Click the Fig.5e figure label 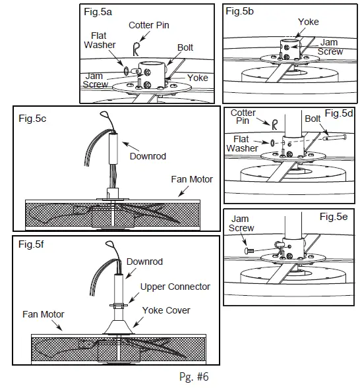coord(334,216)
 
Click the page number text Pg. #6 coord(193,377)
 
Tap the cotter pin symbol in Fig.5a coord(136,48)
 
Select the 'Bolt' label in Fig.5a coord(185,48)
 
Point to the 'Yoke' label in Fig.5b coord(308,22)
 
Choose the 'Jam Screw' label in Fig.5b coord(330,47)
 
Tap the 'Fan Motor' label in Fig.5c coord(192,179)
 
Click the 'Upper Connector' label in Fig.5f coord(175,287)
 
